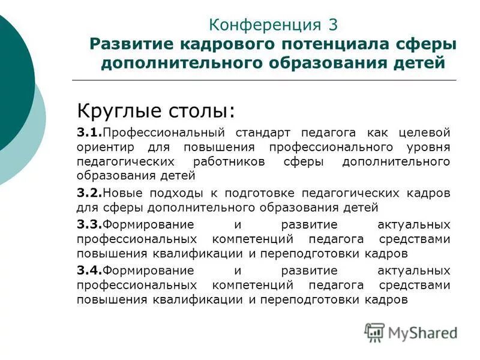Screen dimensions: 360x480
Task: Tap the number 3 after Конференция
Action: point(334,25)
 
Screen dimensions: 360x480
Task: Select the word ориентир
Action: point(103,147)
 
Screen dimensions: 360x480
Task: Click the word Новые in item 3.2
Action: point(121,193)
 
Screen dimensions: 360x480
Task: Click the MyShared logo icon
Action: point(374,332)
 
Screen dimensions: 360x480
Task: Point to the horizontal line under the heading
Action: point(264,80)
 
